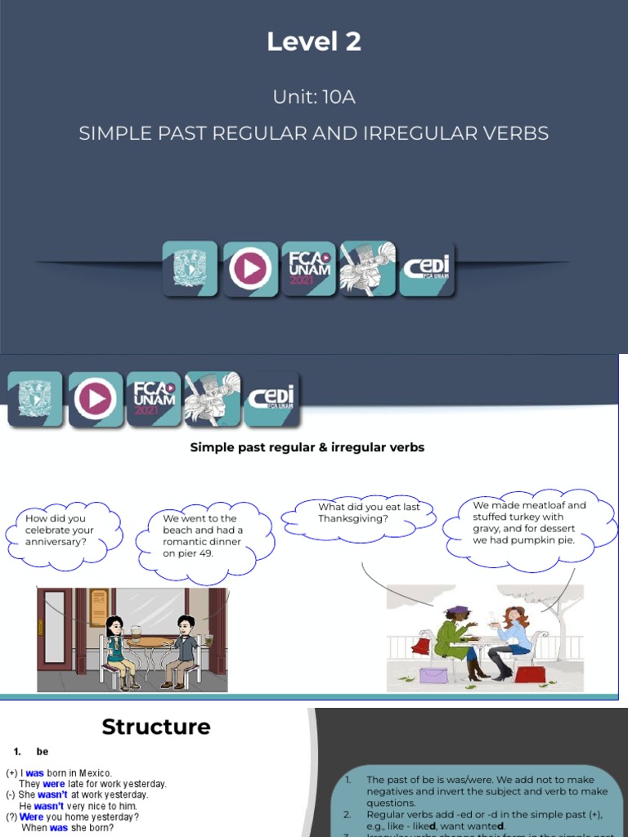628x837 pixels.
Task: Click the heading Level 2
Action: point(314,42)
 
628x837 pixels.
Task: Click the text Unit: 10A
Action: point(314,97)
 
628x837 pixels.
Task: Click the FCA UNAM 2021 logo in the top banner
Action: point(308,268)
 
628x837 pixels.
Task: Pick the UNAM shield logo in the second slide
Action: point(35,399)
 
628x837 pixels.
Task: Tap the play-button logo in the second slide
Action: point(96,399)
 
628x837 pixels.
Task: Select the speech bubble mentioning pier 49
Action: point(204,535)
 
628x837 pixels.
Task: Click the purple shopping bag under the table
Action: point(434,675)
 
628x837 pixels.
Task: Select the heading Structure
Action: point(156,727)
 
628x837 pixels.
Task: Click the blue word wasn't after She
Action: point(52,794)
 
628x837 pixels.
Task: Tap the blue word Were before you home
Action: point(32,817)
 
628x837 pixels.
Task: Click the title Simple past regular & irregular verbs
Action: point(307,447)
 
